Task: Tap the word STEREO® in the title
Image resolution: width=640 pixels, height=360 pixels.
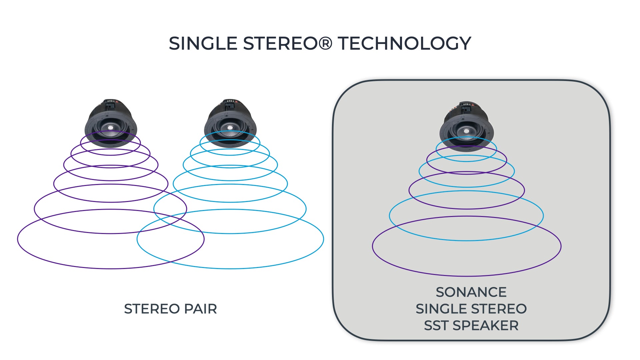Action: coord(288,43)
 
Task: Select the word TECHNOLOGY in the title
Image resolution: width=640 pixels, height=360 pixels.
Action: coord(404,43)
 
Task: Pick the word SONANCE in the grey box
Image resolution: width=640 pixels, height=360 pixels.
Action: coord(471,292)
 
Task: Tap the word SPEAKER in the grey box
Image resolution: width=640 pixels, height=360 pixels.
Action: coord(485,326)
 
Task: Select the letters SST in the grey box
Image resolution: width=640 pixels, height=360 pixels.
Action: coord(436,326)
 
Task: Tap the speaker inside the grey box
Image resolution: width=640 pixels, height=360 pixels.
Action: coord(466,127)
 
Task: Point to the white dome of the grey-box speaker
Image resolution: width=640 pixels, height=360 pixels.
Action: coord(466,131)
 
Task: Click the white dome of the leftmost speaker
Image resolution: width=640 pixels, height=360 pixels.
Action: coord(110,127)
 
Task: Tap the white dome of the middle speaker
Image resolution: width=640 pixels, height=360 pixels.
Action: coord(230,127)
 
